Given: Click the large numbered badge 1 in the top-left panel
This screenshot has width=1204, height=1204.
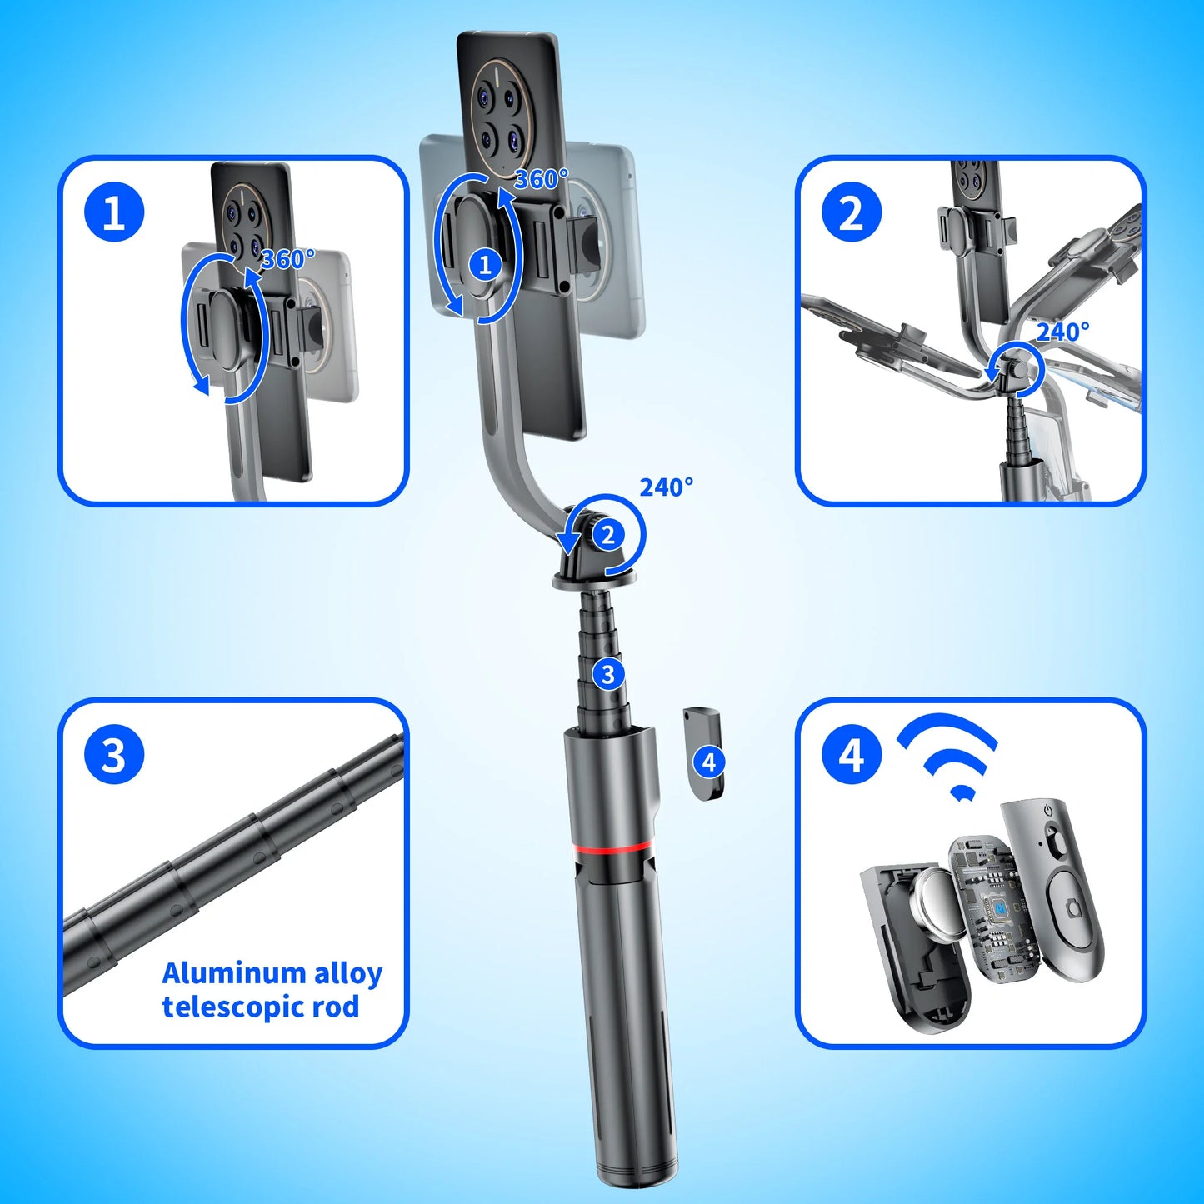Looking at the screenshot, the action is tap(114, 212).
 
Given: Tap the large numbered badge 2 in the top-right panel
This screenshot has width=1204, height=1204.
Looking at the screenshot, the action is tap(852, 212).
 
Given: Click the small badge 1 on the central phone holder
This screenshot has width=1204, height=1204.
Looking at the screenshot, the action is tap(485, 266).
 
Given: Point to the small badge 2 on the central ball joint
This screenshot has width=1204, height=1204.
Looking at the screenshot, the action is tap(608, 535).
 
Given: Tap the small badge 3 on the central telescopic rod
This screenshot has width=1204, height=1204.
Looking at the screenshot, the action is tap(608, 674).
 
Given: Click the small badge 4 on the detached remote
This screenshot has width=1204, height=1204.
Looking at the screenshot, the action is tap(708, 762).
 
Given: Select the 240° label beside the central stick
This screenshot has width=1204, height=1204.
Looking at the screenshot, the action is tap(666, 487).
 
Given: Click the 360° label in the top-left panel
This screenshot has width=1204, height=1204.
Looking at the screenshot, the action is tap(288, 258).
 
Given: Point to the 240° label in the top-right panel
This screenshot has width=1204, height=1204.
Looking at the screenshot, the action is tap(1063, 332).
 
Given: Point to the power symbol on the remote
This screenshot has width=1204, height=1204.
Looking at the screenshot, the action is tap(1048, 811).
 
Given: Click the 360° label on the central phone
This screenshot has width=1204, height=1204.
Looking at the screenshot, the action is tap(541, 179).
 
